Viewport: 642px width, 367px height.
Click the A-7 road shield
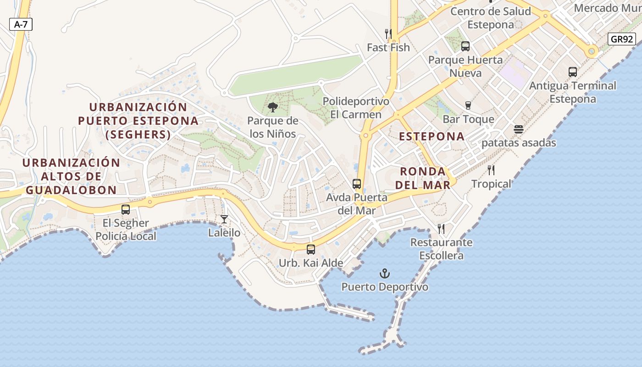point(21,24)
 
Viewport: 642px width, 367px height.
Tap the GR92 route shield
point(622,39)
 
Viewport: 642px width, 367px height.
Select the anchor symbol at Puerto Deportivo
point(385,274)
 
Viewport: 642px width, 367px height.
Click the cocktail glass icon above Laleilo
point(224,219)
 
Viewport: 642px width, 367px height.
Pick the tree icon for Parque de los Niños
point(272,107)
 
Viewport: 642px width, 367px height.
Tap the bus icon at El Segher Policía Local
point(126,210)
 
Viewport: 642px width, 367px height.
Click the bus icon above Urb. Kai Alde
point(311,250)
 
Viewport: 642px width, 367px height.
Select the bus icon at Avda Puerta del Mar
point(357,184)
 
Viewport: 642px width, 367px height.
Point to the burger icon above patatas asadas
point(519,129)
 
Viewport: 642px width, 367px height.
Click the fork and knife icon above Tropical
point(491,170)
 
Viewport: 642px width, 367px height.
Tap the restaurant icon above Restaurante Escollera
point(441,228)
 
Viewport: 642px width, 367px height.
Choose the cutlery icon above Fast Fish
point(388,33)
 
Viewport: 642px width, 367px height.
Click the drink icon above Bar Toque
point(468,106)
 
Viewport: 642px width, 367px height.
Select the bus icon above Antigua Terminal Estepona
point(573,72)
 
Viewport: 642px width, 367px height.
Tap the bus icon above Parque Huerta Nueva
point(465,46)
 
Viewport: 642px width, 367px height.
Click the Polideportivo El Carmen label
point(356,108)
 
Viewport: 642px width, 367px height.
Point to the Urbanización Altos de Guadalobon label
point(71,177)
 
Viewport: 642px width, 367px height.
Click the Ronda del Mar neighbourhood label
point(423,178)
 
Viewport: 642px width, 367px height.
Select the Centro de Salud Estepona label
point(491,18)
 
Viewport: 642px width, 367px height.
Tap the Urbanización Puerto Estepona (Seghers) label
point(138,121)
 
